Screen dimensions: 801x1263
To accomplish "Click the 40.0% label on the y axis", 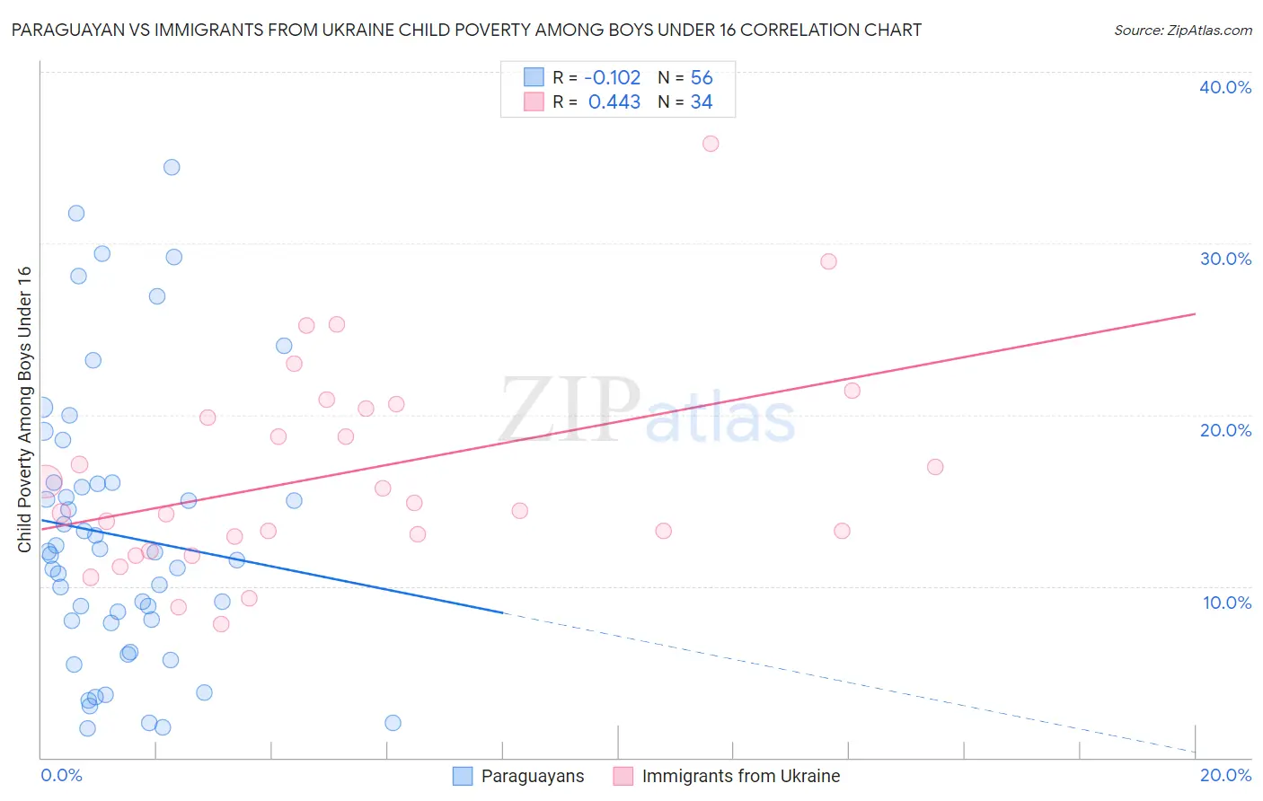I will point(1225,87).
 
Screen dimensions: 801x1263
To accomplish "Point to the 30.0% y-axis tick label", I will point(1225,259).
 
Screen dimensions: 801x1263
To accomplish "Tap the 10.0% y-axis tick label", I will point(1226,603).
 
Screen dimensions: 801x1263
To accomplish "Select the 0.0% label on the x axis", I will point(61,775).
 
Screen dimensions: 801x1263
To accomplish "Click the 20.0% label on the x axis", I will point(1225,775).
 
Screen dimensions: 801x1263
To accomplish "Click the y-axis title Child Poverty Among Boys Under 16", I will point(24,409).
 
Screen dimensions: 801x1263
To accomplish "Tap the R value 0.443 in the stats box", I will point(614,102).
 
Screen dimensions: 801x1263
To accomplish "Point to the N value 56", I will point(702,77).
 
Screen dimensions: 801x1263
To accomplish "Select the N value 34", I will point(702,102).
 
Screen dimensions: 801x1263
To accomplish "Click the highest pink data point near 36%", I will point(711,144).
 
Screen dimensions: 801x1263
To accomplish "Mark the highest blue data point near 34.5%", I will point(172,167).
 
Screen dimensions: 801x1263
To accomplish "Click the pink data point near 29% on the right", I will point(828,261).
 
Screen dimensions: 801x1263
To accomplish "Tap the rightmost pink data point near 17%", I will point(935,467).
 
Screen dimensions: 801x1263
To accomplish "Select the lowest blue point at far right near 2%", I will point(393,723).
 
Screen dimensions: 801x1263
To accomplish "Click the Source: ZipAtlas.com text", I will point(1182,31).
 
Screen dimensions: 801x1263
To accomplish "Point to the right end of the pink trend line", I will point(1195,313).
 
